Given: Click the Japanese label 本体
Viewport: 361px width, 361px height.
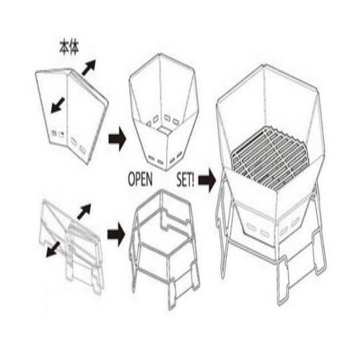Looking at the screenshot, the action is tap(69, 49).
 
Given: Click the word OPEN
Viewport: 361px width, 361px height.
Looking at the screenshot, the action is tap(140, 179).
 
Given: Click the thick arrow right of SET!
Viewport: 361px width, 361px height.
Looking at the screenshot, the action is tap(207, 180).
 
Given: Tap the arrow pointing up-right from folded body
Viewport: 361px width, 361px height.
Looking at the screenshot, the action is tap(89, 67).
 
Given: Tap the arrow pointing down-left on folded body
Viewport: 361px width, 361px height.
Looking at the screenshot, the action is tap(58, 105).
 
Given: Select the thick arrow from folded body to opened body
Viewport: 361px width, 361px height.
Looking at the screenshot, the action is tap(118, 139).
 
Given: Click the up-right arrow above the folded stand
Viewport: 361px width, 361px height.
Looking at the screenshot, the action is tap(84, 211).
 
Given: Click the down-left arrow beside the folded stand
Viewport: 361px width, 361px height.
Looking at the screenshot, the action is tap(53, 250).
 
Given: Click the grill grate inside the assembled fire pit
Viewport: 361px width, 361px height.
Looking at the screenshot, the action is tap(269, 154).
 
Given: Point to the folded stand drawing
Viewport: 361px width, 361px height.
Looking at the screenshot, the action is tap(72, 245).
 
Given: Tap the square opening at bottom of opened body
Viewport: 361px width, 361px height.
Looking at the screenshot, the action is tap(165, 130).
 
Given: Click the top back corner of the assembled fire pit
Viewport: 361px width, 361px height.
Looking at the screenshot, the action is tap(265, 64).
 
